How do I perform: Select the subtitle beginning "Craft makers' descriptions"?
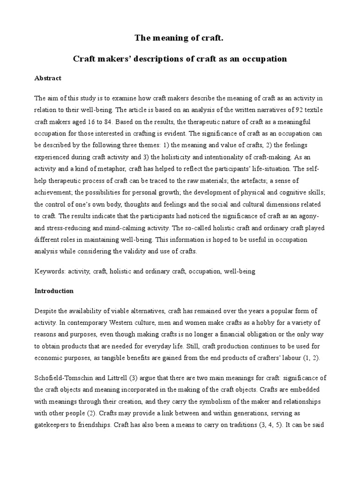[x=180, y=59]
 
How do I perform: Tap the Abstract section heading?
[x=48, y=78]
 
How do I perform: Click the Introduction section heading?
[x=54, y=291]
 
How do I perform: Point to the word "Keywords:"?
[x=50, y=271]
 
